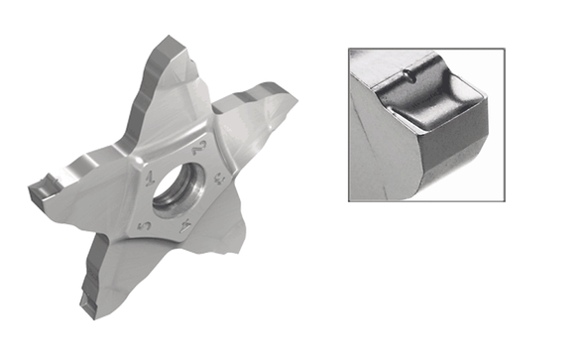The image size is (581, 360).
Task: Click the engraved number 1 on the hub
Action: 148,181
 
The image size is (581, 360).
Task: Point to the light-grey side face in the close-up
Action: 382,149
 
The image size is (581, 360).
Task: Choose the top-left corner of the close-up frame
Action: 349,49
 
